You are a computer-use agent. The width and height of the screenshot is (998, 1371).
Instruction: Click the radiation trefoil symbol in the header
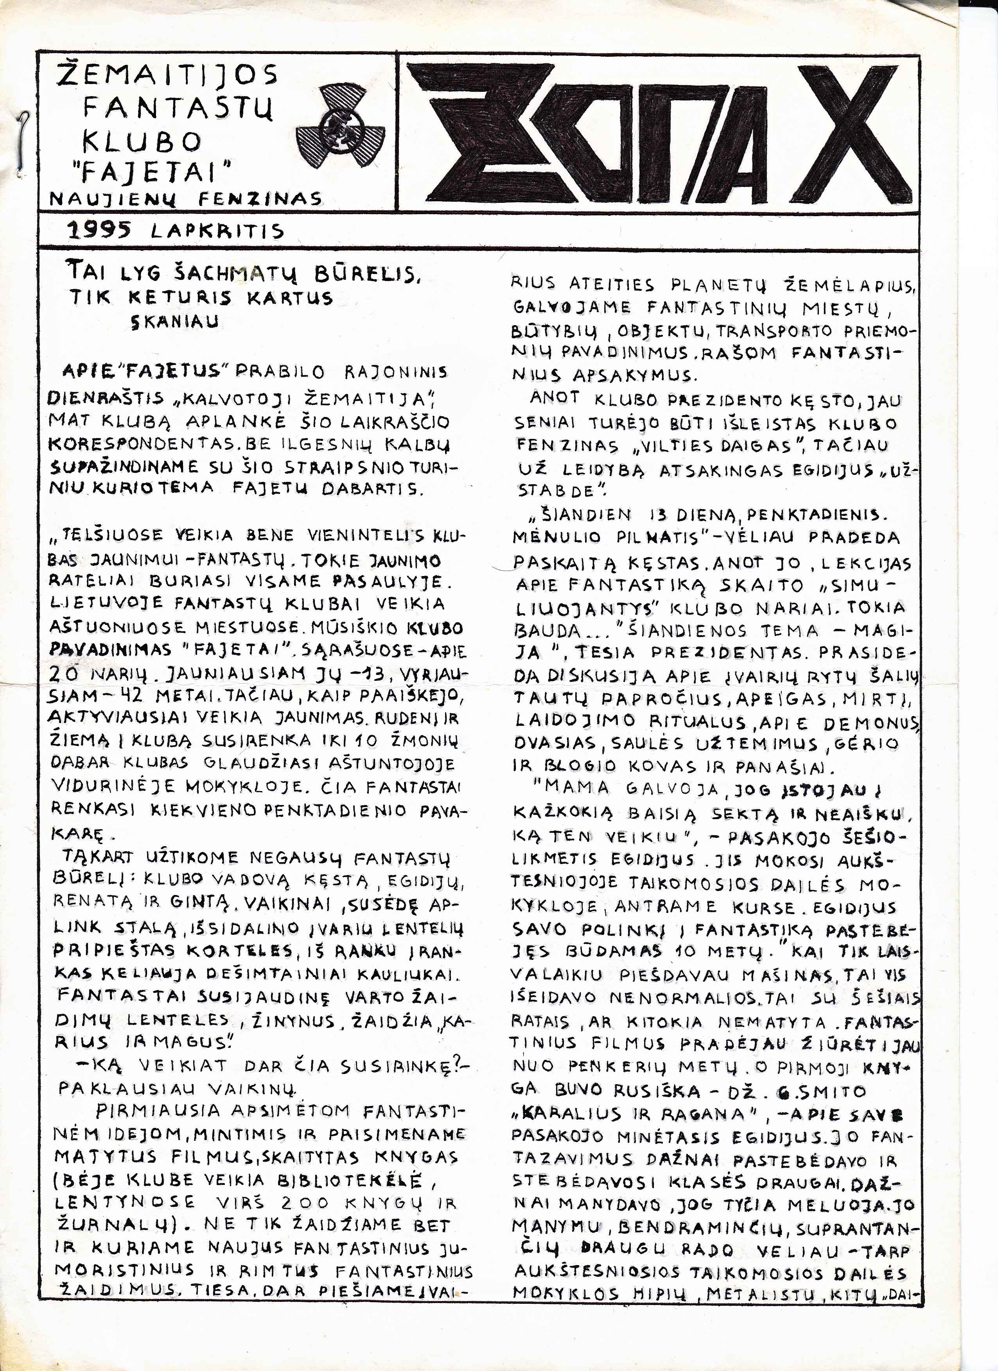pos(340,129)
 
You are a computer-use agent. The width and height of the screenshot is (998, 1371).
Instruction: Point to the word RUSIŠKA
pos(657,1091)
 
